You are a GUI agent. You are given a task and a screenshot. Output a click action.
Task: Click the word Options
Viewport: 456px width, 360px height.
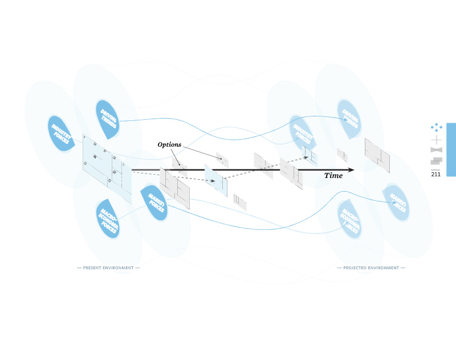(x=169, y=145)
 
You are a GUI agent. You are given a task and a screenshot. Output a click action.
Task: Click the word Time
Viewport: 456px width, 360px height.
(x=333, y=176)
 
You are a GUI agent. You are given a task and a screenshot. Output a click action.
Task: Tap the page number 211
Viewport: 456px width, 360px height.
(x=436, y=175)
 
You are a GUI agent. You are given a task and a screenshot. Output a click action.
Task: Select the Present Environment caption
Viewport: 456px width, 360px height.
(x=108, y=268)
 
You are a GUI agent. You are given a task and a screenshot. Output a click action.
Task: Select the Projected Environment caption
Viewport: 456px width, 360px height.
(x=371, y=268)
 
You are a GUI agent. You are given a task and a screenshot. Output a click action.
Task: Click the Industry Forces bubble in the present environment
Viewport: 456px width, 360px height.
(x=61, y=134)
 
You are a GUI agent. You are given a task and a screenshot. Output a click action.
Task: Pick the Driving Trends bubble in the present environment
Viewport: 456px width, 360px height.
(x=108, y=119)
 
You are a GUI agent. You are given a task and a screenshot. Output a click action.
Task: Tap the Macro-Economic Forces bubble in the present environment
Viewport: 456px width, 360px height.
(x=108, y=218)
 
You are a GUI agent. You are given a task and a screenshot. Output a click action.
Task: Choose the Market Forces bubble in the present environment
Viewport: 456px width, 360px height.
(x=155, y=202)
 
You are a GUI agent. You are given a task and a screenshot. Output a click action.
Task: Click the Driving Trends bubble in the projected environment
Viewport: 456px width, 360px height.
(x=349, y=118)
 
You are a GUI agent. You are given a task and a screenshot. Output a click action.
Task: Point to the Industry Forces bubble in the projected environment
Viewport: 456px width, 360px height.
(x=302, y=133)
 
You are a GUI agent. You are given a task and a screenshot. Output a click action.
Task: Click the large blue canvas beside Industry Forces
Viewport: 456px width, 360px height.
(x=107, y=167)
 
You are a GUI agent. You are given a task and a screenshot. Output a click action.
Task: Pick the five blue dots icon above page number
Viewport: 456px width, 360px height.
(x=437, y=127)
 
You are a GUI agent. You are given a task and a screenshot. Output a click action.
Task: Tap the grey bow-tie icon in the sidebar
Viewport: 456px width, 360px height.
(x=437, y=150)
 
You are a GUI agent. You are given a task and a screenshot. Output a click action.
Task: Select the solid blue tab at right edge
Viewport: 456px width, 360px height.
(x=451, y=149)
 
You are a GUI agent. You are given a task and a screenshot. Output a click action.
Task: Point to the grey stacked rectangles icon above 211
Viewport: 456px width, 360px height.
(x=437, y=161)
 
